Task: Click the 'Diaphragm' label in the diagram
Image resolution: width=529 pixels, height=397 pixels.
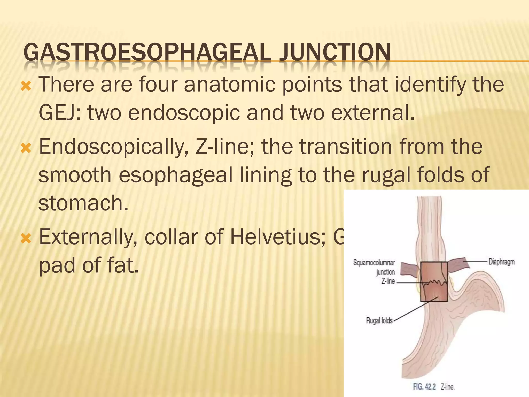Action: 501,262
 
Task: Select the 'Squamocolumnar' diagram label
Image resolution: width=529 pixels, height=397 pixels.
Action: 374,263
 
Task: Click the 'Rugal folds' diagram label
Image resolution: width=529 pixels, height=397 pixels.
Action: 379,321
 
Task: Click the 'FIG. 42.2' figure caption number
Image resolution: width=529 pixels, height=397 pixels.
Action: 424,387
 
